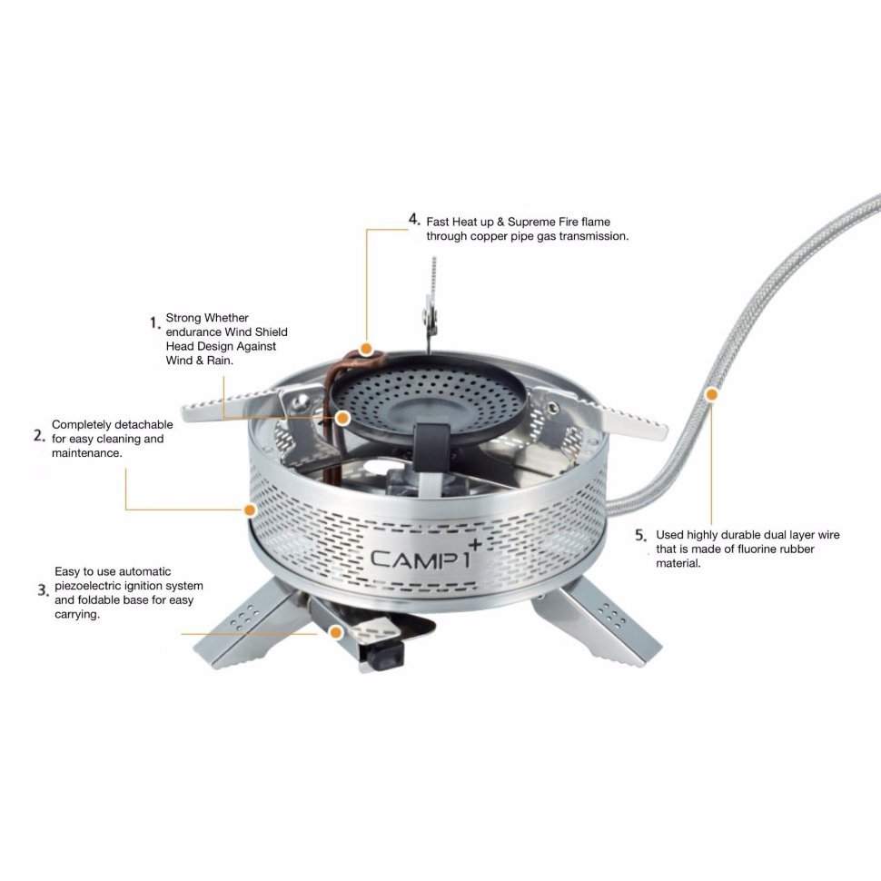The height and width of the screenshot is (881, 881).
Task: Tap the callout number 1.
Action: point(155,323)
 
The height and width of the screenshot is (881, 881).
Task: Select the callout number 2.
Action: point(39,436)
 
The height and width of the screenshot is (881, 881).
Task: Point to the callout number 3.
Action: point(44,590)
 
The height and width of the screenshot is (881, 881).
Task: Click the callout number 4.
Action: point(415,220)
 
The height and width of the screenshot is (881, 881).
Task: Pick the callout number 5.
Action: point(641,536)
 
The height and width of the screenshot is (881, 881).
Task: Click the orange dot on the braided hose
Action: point(712,394)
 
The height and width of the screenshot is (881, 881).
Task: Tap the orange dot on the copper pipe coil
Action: point(366,349)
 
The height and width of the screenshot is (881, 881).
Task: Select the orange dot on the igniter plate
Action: point(336,633)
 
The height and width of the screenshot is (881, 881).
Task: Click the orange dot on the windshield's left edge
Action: point(250,510)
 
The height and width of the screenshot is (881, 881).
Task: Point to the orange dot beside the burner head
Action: point(342,418)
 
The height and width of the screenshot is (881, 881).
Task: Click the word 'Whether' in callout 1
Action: point(226,318)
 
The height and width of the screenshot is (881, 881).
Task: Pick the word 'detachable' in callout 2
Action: point(144,425)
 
